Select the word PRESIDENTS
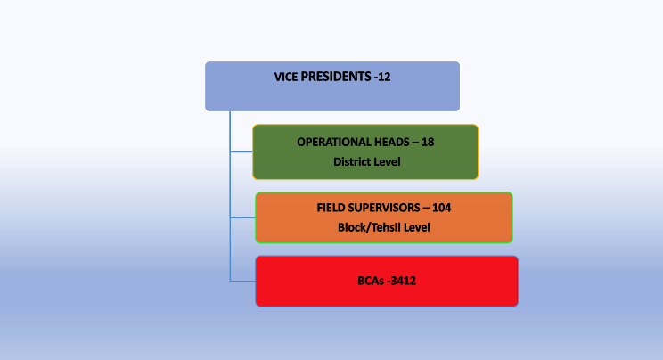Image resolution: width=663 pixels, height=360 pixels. point(336,77)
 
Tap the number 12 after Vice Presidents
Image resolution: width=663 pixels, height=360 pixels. point(384,77)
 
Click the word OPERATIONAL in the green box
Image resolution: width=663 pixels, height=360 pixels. point(329,143)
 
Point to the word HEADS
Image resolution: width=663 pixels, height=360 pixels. point(387,143)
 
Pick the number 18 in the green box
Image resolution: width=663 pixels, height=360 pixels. point(428,143)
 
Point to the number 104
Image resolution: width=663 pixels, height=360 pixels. point(441,208)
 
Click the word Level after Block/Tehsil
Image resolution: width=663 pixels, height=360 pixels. point(416,227)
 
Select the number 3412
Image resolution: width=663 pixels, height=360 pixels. point(403,281)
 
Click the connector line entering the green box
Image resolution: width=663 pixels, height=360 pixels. point(241,151)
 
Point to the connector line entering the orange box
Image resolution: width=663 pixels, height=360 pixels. point(242,217)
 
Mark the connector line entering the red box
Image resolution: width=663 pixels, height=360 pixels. point(242,281)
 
